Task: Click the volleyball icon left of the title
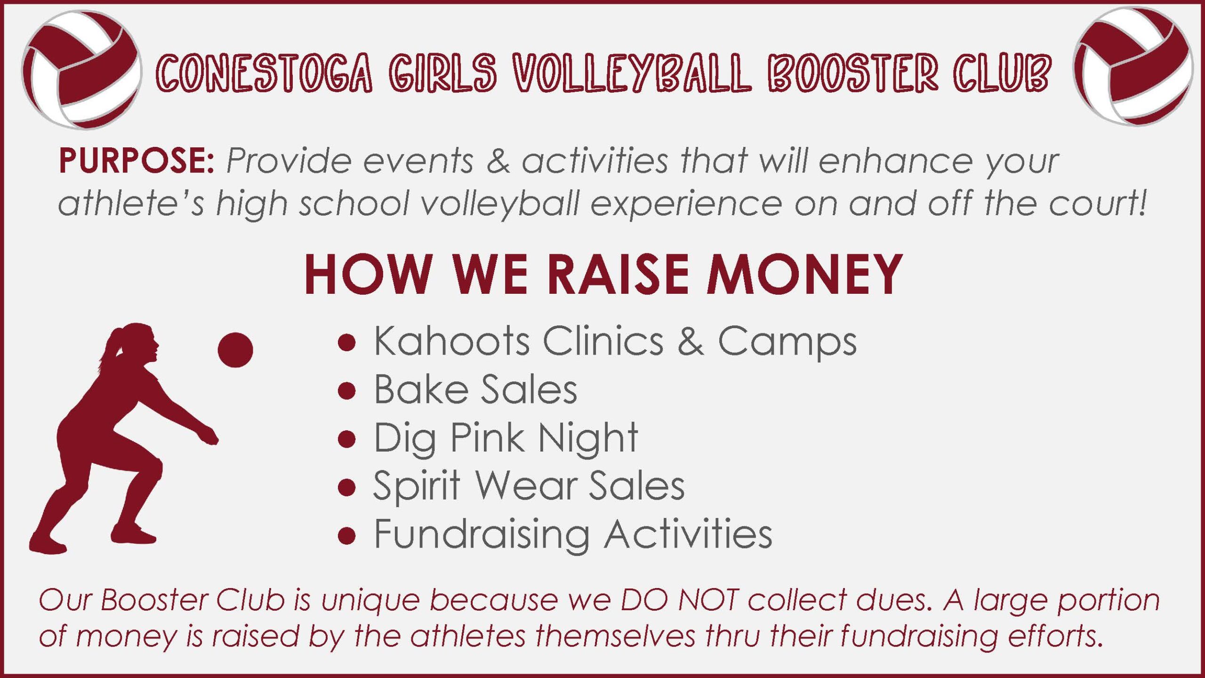click(81, 70)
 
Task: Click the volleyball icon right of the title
click(1133, 66)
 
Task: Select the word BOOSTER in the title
click(852, 73)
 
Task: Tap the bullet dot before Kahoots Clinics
click(346, 342)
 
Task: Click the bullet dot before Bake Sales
click(346, 391)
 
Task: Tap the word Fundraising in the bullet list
click(482, 535)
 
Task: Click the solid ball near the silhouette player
click(235, 350)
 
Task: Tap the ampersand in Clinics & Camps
click(691, 341)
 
